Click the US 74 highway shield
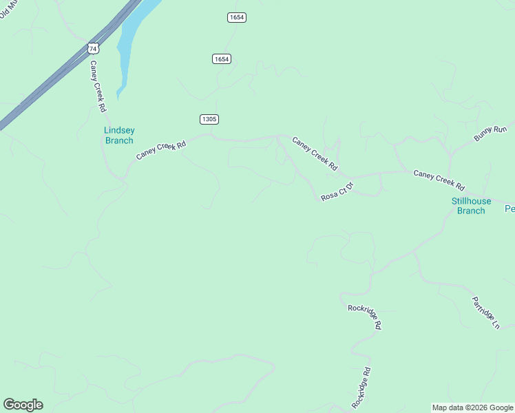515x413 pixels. [x=94, y=48]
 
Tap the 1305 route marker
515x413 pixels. [x=209, y=119]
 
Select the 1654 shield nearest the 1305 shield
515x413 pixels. [x=221, y=59]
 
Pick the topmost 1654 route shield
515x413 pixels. [x=237, y=17]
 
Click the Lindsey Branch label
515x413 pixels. [x=119, y=136]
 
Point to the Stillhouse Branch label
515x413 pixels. [x=471, y=206]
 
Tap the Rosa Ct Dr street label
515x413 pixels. [x=337, y=191]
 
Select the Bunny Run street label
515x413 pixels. [x=490, y=134]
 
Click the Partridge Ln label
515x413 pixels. [x=485, y=313]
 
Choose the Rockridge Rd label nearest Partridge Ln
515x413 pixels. [x=364, y=317]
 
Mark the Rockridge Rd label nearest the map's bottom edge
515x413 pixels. [x=361, y=387]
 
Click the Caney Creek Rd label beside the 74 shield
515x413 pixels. [x=98, y=86]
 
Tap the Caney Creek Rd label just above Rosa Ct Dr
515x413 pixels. [x=315, y=153]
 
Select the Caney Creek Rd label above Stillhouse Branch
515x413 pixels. [x=439, y=180]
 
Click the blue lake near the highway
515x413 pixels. [x=131, y=41]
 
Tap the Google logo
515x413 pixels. [x=23, y=405]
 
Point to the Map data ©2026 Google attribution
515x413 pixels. [x=472, y=407]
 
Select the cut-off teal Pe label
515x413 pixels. [x=509, y=209]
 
